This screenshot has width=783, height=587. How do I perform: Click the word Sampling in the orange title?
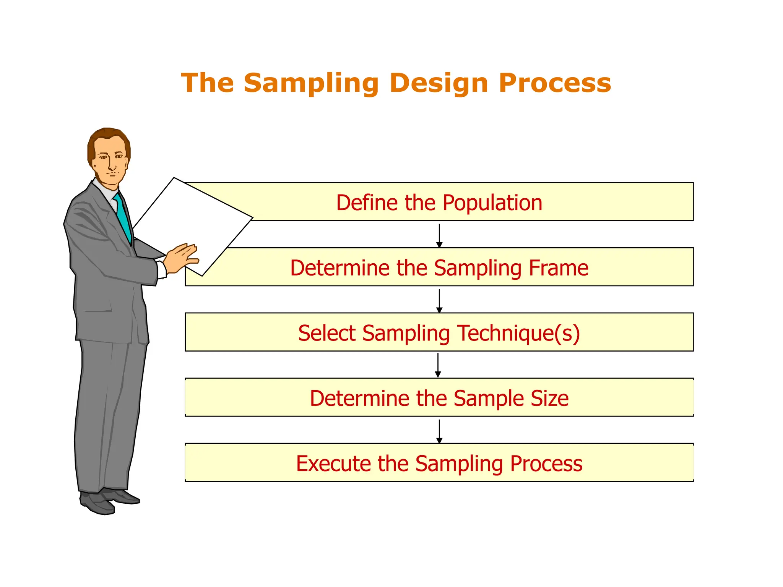tap(311, 84)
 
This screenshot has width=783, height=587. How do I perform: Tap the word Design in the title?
tap(439, 84)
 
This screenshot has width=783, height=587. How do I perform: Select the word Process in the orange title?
tap(555, 83)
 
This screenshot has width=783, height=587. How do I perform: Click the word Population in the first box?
tap(492, 203)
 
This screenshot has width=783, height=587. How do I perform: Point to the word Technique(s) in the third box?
tap(519, 333)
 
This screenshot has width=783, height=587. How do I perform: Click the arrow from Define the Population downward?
tap(439, 235)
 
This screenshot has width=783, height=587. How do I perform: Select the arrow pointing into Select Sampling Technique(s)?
tap(439, 301)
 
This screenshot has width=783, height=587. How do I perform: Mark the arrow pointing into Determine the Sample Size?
tap(438, 365)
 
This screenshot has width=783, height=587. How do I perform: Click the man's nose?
tap(112, 165)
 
